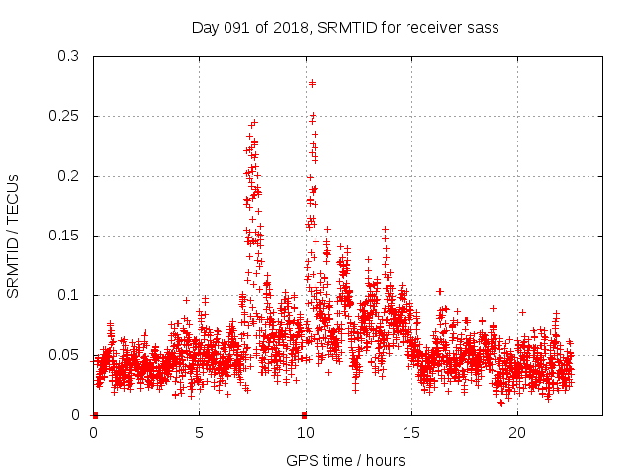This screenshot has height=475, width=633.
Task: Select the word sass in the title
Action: (x=484, y=28)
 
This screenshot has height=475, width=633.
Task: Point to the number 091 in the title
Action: (x=240, y=28)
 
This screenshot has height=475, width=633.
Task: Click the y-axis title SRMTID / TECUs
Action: (x=13, y=236)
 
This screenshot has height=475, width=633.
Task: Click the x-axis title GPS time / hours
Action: (x=345, y=460)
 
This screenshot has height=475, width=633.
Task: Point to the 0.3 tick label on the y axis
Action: (x=68, y=56)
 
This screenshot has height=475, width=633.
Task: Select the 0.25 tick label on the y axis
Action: (x=64, y=117)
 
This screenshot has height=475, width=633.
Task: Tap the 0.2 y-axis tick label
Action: (x=68, y=176)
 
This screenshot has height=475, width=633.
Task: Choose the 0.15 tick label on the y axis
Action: (x=64, y=236)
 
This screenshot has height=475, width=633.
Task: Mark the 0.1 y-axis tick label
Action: (x=68, y=295)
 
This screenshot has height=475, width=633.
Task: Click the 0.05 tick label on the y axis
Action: (x=64, y=355)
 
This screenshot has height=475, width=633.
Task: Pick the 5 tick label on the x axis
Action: (x=200, y=432)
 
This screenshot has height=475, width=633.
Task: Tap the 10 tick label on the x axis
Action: (x=305, y=432)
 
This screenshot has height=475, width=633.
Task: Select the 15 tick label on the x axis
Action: (x=411, y=432)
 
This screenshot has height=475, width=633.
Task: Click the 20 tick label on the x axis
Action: (x=517, y=432)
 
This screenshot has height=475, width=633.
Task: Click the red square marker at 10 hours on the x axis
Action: (x=304, y=414)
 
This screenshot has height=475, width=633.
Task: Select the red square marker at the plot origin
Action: (x=95, y=414)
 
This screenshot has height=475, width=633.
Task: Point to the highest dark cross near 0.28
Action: (x=313, y=83)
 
